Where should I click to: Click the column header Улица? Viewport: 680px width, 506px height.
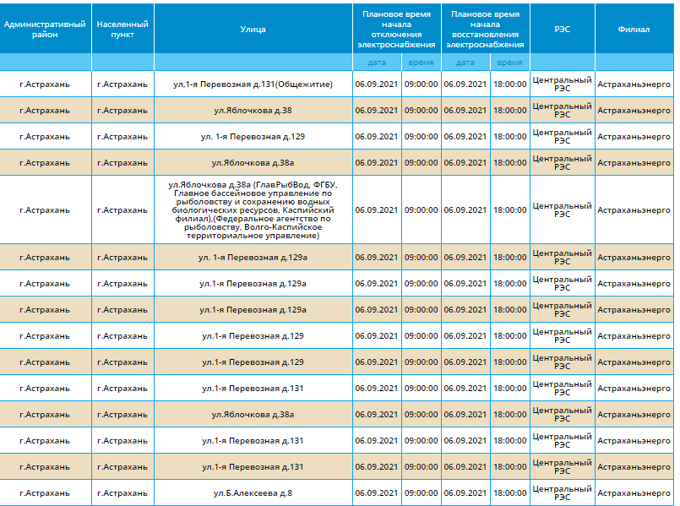point(253,30)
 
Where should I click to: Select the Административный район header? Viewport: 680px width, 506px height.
point(45,30)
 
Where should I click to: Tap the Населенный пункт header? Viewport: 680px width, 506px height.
point(122,30)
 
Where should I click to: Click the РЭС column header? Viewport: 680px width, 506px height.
point(562,30)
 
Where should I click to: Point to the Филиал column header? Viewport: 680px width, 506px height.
point(634,30)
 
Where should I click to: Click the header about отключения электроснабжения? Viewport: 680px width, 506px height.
point(396,30)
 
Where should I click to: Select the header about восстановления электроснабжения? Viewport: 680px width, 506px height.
point(485,30)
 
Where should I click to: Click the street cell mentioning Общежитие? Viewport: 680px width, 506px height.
point(253,84)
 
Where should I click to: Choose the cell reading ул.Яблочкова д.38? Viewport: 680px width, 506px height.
point(253,111)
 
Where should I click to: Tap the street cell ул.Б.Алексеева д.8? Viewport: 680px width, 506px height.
point(253,493)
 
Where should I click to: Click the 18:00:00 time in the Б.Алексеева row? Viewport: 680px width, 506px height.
point(510,493)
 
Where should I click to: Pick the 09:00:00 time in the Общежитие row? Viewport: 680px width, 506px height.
point(422,84)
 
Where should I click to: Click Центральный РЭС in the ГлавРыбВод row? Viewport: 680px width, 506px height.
point(562,209)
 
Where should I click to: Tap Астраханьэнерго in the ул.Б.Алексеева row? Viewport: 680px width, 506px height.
point(634,493)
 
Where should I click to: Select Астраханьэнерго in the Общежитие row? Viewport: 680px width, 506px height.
point(634,84)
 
